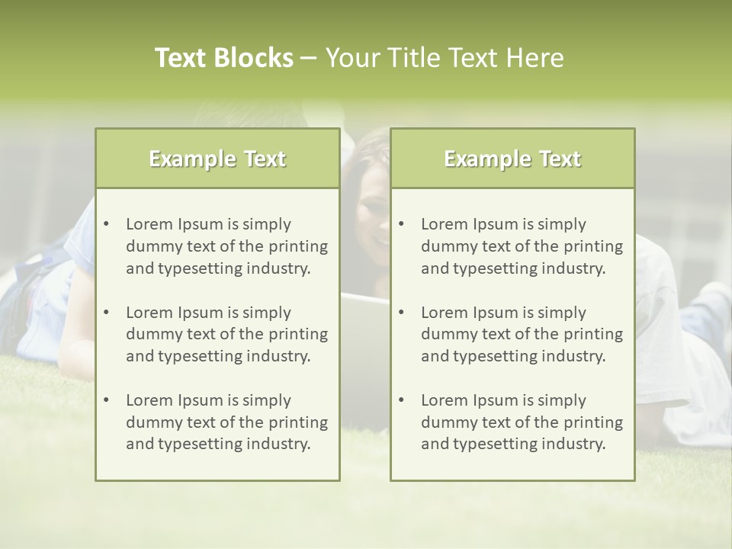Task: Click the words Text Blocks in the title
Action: (x=224, y=58)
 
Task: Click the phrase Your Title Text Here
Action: (x=445, y=58)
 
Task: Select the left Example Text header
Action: (x=217, y=159)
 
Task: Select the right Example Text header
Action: (x=512, y=159)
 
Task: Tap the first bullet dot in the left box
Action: (x=107, y=224)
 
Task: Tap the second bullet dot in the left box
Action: (x=107, y=313)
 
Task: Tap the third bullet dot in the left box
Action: (x=107, y=400)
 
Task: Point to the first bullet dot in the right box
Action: (x=402, y=224)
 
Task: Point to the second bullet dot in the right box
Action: (x=402, y=313)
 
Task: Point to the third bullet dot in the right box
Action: (x=402, y=400)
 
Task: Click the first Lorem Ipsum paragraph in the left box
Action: (x=226, y=246)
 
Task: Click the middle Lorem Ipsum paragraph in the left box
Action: (x=226, y=334)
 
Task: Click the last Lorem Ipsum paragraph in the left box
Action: (x=226, y=422)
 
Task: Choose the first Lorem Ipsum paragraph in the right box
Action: (x=522, y=246)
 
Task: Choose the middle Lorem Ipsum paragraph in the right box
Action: (x=522, y=334)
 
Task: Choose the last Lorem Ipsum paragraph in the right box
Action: (x=522, y=422)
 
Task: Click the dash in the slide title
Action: (x=310, y=59)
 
